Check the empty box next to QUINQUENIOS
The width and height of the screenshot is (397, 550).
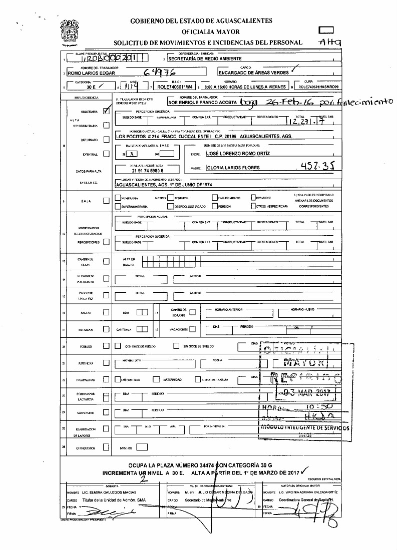[x=106, y=447]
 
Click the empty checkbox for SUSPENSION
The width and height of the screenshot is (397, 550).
[x=106, y=413]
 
